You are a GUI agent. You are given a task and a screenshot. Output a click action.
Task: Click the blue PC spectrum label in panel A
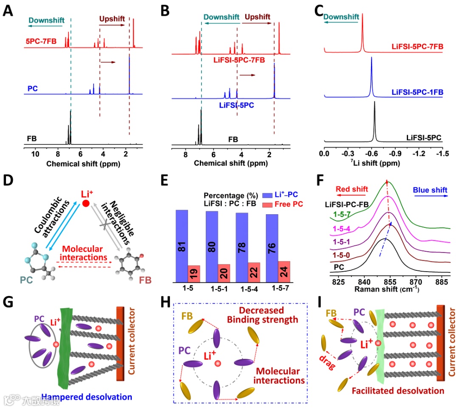pos(32,88)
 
